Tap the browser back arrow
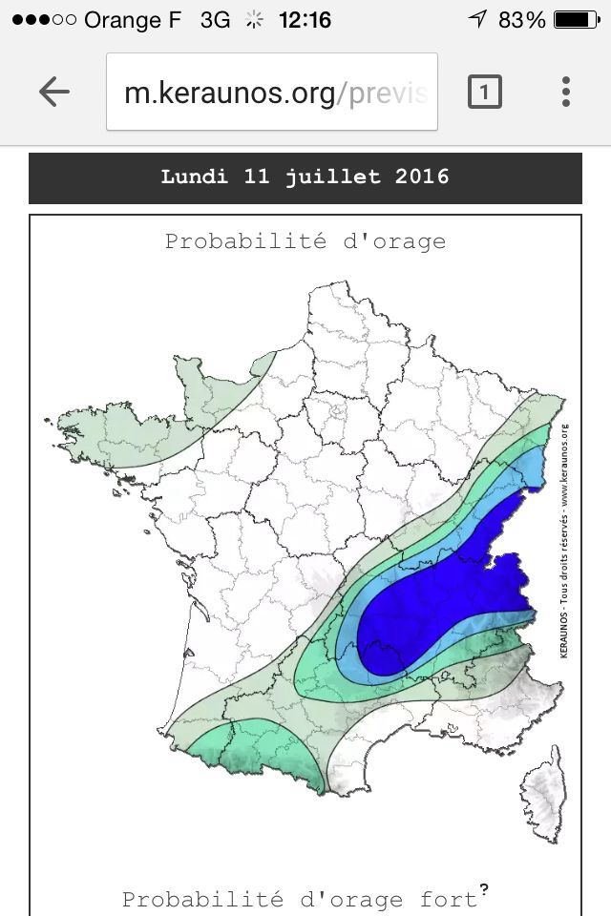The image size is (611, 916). pos(54,92)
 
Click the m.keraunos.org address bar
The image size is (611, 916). pos(272,93)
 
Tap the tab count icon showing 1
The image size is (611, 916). pos(484,93)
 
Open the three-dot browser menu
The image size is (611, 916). pos(566,92)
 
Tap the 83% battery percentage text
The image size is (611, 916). pos(521,20)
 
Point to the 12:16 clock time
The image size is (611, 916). pos(305,20)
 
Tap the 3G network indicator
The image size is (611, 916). pos(215,20)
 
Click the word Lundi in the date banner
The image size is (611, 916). pos(195,177)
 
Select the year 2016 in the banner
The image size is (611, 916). pos(422,177)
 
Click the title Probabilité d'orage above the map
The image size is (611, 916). pos(305,241)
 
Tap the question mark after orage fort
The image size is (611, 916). pos(484,890)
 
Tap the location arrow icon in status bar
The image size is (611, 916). pos(477,20)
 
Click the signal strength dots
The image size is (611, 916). pos(43,20)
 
